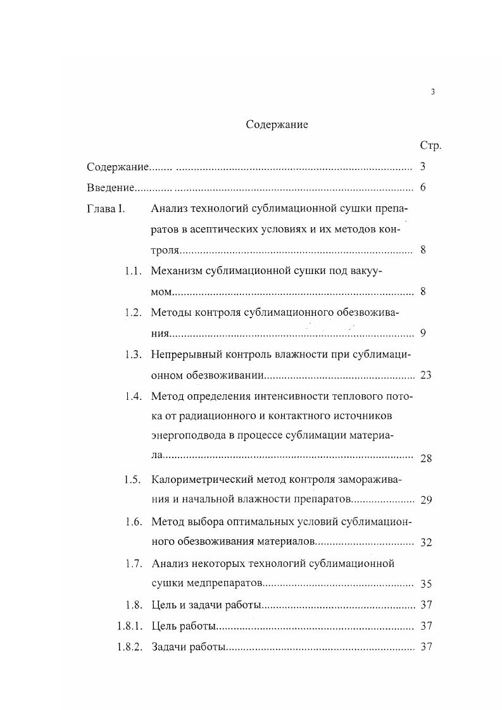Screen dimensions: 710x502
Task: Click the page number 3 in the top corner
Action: [433, 92]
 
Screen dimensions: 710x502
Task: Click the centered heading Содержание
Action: [277, 125]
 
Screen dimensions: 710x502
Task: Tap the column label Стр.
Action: [430, 146]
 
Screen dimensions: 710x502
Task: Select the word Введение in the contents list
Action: [110, 188]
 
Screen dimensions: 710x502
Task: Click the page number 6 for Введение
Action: [423, 188]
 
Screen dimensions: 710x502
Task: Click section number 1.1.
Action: [132, 271]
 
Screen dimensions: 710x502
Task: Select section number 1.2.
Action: [132, 313]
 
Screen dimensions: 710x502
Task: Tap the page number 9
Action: [423, 333]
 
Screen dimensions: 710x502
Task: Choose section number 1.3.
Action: [132, 354]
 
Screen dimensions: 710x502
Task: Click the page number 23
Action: [425, 375]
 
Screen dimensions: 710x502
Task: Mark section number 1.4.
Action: [132, 396]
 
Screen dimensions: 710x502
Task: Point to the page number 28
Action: [425, 459]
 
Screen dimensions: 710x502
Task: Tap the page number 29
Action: [425, 501]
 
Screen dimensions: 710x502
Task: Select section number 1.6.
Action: [132, 522]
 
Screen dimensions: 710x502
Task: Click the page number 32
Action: [425, 543]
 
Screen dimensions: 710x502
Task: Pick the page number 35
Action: [425, 585]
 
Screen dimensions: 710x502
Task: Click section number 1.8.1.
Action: [129, 626]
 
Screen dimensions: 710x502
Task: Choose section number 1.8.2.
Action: [129, 647]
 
